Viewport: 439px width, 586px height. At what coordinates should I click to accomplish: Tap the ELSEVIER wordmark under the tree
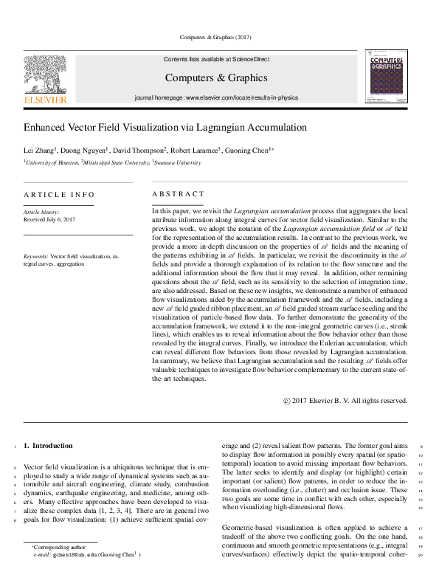pyautogui.click(x=46, y=99)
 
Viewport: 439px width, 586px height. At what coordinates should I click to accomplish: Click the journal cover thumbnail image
pyautogui.click(x=386, y=76)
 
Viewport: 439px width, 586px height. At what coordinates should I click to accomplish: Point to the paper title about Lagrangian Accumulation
pyautogui.click(x=165, y=128)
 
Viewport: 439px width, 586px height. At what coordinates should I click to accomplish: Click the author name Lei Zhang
pyautogui.click(x=38, y=150)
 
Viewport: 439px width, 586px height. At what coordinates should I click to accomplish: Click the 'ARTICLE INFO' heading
pyautogui.click(x=59, y=195)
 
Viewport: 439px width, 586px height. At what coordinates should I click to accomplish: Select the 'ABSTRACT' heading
pyautogui.click(x=177, y=194)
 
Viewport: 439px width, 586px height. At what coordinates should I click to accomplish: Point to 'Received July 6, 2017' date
pyautogui.click(x=49, y=220)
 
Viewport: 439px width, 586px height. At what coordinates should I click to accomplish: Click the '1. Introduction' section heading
pyautogui.click(x=48, y=446)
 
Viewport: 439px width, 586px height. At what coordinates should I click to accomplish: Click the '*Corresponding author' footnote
pyautogui.click(x=58, y=547)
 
